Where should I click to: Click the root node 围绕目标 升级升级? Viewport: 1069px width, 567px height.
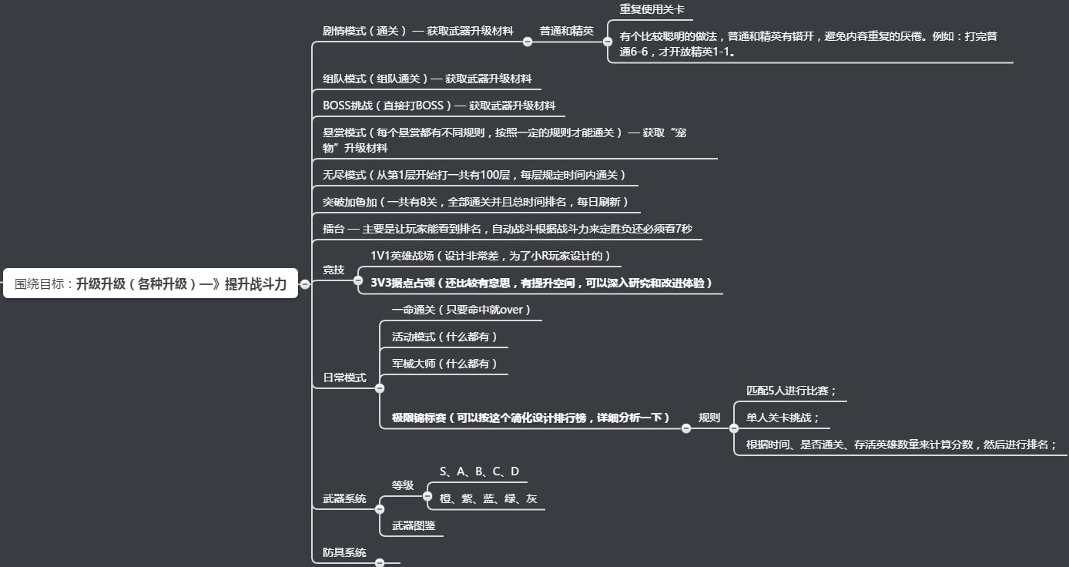click(150, 284)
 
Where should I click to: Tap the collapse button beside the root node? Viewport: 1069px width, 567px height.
click(305, 284)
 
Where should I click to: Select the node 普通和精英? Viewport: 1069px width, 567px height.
click(566, 31)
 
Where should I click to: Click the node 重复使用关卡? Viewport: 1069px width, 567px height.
click(652, 10)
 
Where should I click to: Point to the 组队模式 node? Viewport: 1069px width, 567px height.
click(427, 79)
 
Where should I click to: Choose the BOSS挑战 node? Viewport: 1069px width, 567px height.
click(438, 106)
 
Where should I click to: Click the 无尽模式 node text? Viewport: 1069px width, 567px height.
click(474, 175)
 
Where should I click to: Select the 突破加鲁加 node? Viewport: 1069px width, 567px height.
click(475, 202)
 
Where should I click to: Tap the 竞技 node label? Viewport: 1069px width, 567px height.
click(333, 270)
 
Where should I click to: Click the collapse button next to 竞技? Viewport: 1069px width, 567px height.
click(358, 281)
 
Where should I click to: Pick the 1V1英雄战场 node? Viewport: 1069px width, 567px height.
click(490, 256)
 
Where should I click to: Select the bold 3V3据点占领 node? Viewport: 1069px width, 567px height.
click(541, 283)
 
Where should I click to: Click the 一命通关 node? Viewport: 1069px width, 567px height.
click(461, 310)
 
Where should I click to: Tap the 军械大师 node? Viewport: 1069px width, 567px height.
click(444, 364)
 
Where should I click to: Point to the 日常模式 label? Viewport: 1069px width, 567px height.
click(344, 377)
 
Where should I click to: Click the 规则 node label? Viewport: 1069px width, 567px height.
click(709, 418)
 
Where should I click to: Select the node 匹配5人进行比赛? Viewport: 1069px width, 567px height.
click(791, 391)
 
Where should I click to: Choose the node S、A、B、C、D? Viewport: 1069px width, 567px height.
click(479, 471)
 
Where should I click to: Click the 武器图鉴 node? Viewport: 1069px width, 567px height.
click(414, 525)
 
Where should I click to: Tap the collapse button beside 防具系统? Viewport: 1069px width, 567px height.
click(379, 563)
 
